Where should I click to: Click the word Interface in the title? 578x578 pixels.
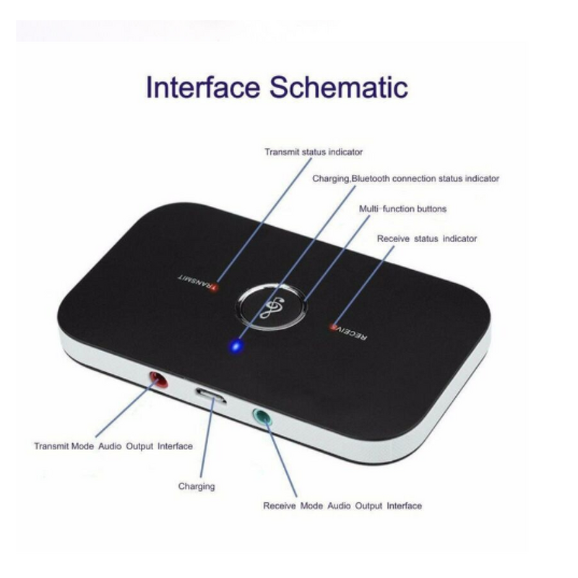pyautogui.click(x=202, y=87)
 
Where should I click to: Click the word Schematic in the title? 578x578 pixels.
pyautogui.click(x=339, y=87)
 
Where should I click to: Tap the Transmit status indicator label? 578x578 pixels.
pyautogui.click(x=313, y=152)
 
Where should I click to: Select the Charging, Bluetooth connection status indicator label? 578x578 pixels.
pyautogui.click(x=405, y=178)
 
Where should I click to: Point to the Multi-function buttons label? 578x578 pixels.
pyautogui.click(x=403, y=209)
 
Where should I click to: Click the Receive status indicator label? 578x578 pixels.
pyautogui.click(x=426, y=238)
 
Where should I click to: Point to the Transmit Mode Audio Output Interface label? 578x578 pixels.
pyautogui.click(x=113, y=447)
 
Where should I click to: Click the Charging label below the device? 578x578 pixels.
pyautogui.click(x=197, y=486)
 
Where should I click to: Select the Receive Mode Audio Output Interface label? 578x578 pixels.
pyautogui.click(x=342, y=506)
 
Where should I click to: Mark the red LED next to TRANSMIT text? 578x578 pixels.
pyautogui.click(x=216, y=287)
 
